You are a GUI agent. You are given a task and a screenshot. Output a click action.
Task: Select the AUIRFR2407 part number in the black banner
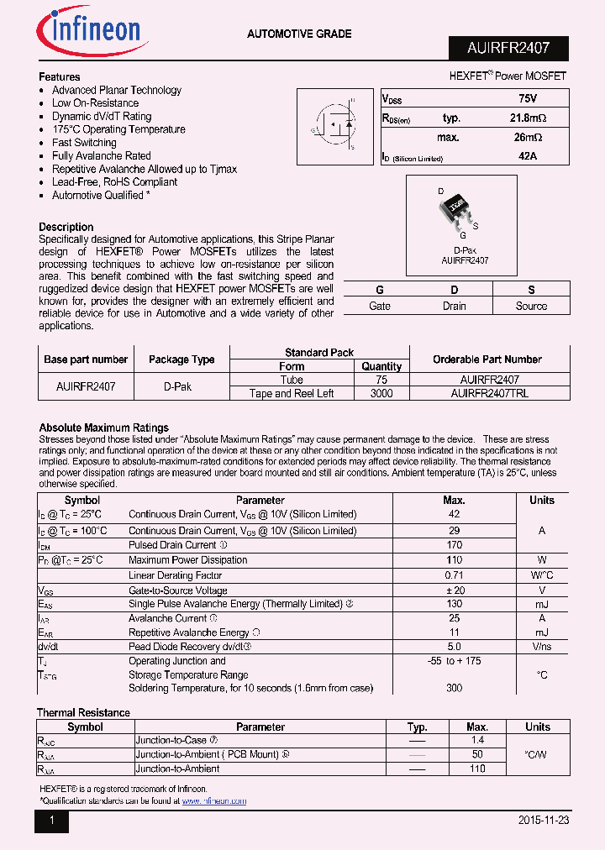pyautogui.click(x=508, y=48)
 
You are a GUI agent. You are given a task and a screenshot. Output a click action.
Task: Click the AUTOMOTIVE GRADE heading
pyautogui.click(x=299, y=34)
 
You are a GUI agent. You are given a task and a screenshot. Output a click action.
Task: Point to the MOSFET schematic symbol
pyautogui.click(x=337, y=124)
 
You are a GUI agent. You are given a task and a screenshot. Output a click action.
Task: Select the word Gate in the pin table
pyautogui.click(x=380, y=306)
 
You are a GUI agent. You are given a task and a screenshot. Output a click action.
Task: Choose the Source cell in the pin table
pyautogui.click(x=531, y=306)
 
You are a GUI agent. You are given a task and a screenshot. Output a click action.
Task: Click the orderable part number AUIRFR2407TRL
pyautogui.click(x=489, y=393)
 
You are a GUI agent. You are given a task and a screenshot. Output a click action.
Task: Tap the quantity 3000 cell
pyautogui.click(x=381, y=393)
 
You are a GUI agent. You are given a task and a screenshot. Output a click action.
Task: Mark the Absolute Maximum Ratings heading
pyautogui.click(x=104, y=428)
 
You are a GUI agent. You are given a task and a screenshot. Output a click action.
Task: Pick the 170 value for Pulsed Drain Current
pyautogui.click(x=454, y=545)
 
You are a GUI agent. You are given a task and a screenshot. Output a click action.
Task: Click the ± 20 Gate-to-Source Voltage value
pyautogui.click(x=454, y=590)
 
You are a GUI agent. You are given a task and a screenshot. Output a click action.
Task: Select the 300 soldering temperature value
pyautogui.click(x=454, y=688)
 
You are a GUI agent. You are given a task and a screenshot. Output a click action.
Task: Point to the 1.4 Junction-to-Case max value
pyautogui.click(x=476, y=741)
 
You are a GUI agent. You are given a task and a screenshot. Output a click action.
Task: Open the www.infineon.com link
pyautogui.click(x=214, y=801)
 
